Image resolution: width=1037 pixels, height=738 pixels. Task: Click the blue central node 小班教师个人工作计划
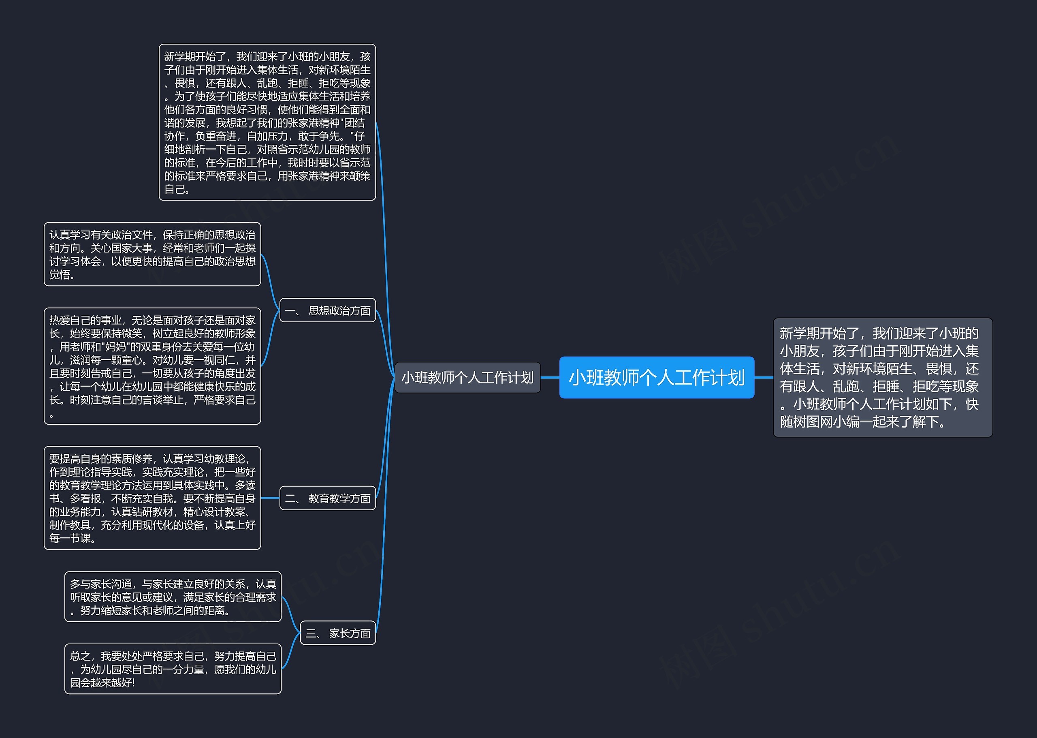click(656, 377)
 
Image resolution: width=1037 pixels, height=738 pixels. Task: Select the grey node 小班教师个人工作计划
click(467, 377)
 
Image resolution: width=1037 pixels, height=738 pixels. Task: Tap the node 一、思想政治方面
click(327, 310)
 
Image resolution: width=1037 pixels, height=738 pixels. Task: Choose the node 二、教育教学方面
click(327, 498)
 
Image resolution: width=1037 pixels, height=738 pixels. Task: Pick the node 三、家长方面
click(338, 633)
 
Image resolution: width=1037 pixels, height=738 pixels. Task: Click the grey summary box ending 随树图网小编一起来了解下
click(883, 377)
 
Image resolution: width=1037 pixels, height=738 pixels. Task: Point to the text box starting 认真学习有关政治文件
click(152, 254)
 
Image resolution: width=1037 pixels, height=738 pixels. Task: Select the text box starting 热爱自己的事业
click(152, 366)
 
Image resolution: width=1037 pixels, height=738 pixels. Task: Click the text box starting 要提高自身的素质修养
click(152, 498)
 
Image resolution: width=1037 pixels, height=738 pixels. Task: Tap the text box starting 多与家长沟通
click(173, 596)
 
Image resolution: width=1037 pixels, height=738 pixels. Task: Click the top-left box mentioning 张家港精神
click(267, 122)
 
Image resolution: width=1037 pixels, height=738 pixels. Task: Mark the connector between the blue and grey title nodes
click(550, 377)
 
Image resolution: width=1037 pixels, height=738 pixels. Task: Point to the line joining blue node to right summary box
click(764, 377)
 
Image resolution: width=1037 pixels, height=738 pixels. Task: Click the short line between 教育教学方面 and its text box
click(270, 498)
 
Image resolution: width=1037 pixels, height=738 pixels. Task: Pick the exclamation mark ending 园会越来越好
click(133, 682)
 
